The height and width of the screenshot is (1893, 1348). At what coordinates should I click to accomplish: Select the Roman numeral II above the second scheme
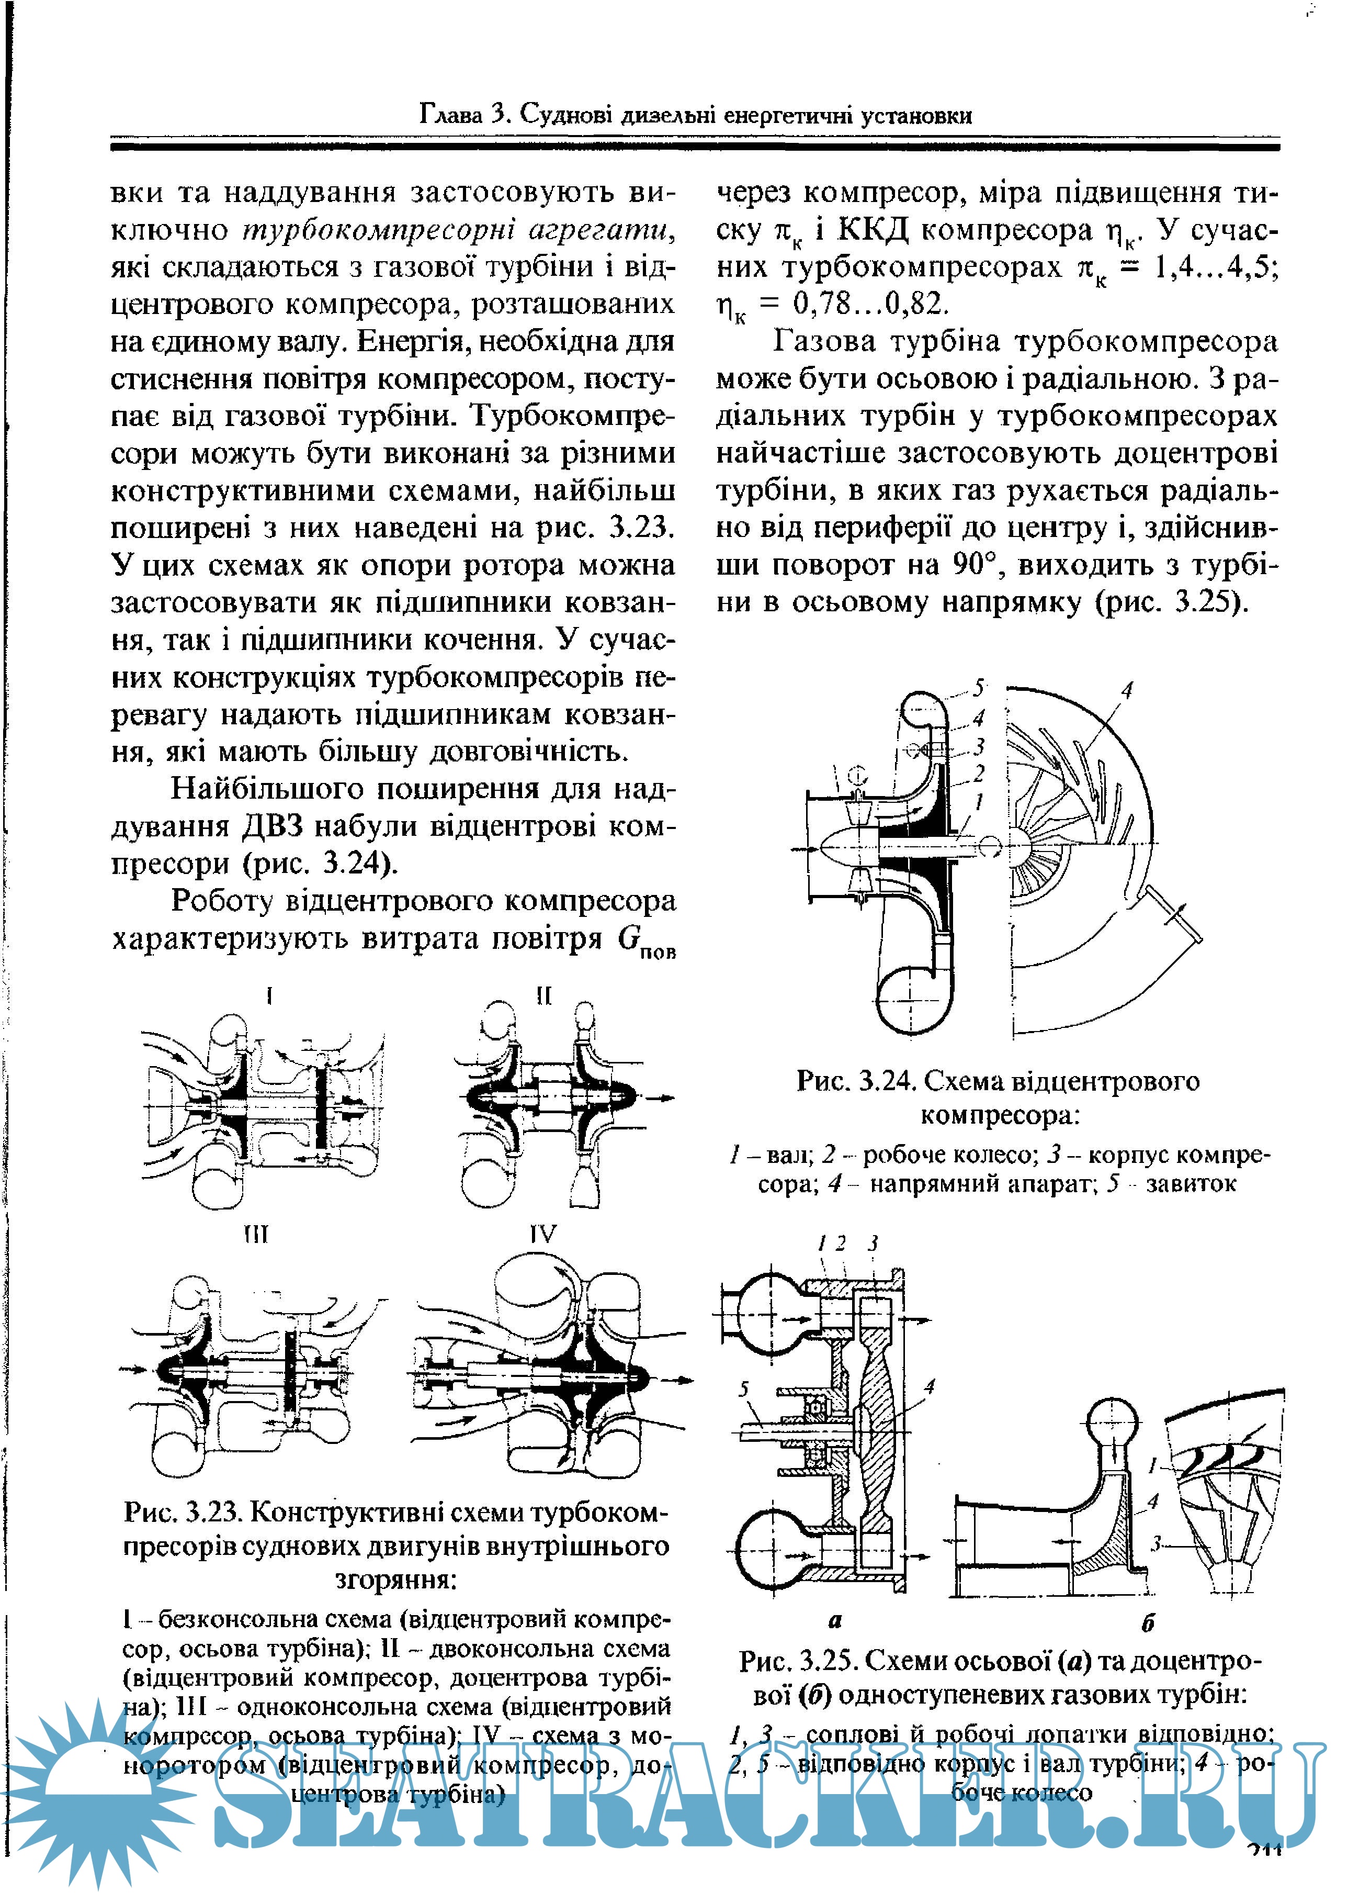coord(543,995)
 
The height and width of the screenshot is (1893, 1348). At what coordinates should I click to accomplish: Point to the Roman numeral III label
coord(256,1236)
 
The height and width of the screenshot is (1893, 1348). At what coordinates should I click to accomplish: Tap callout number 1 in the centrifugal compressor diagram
coord(979,802)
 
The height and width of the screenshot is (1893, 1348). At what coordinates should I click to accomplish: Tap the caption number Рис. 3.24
coord(855,1081)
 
